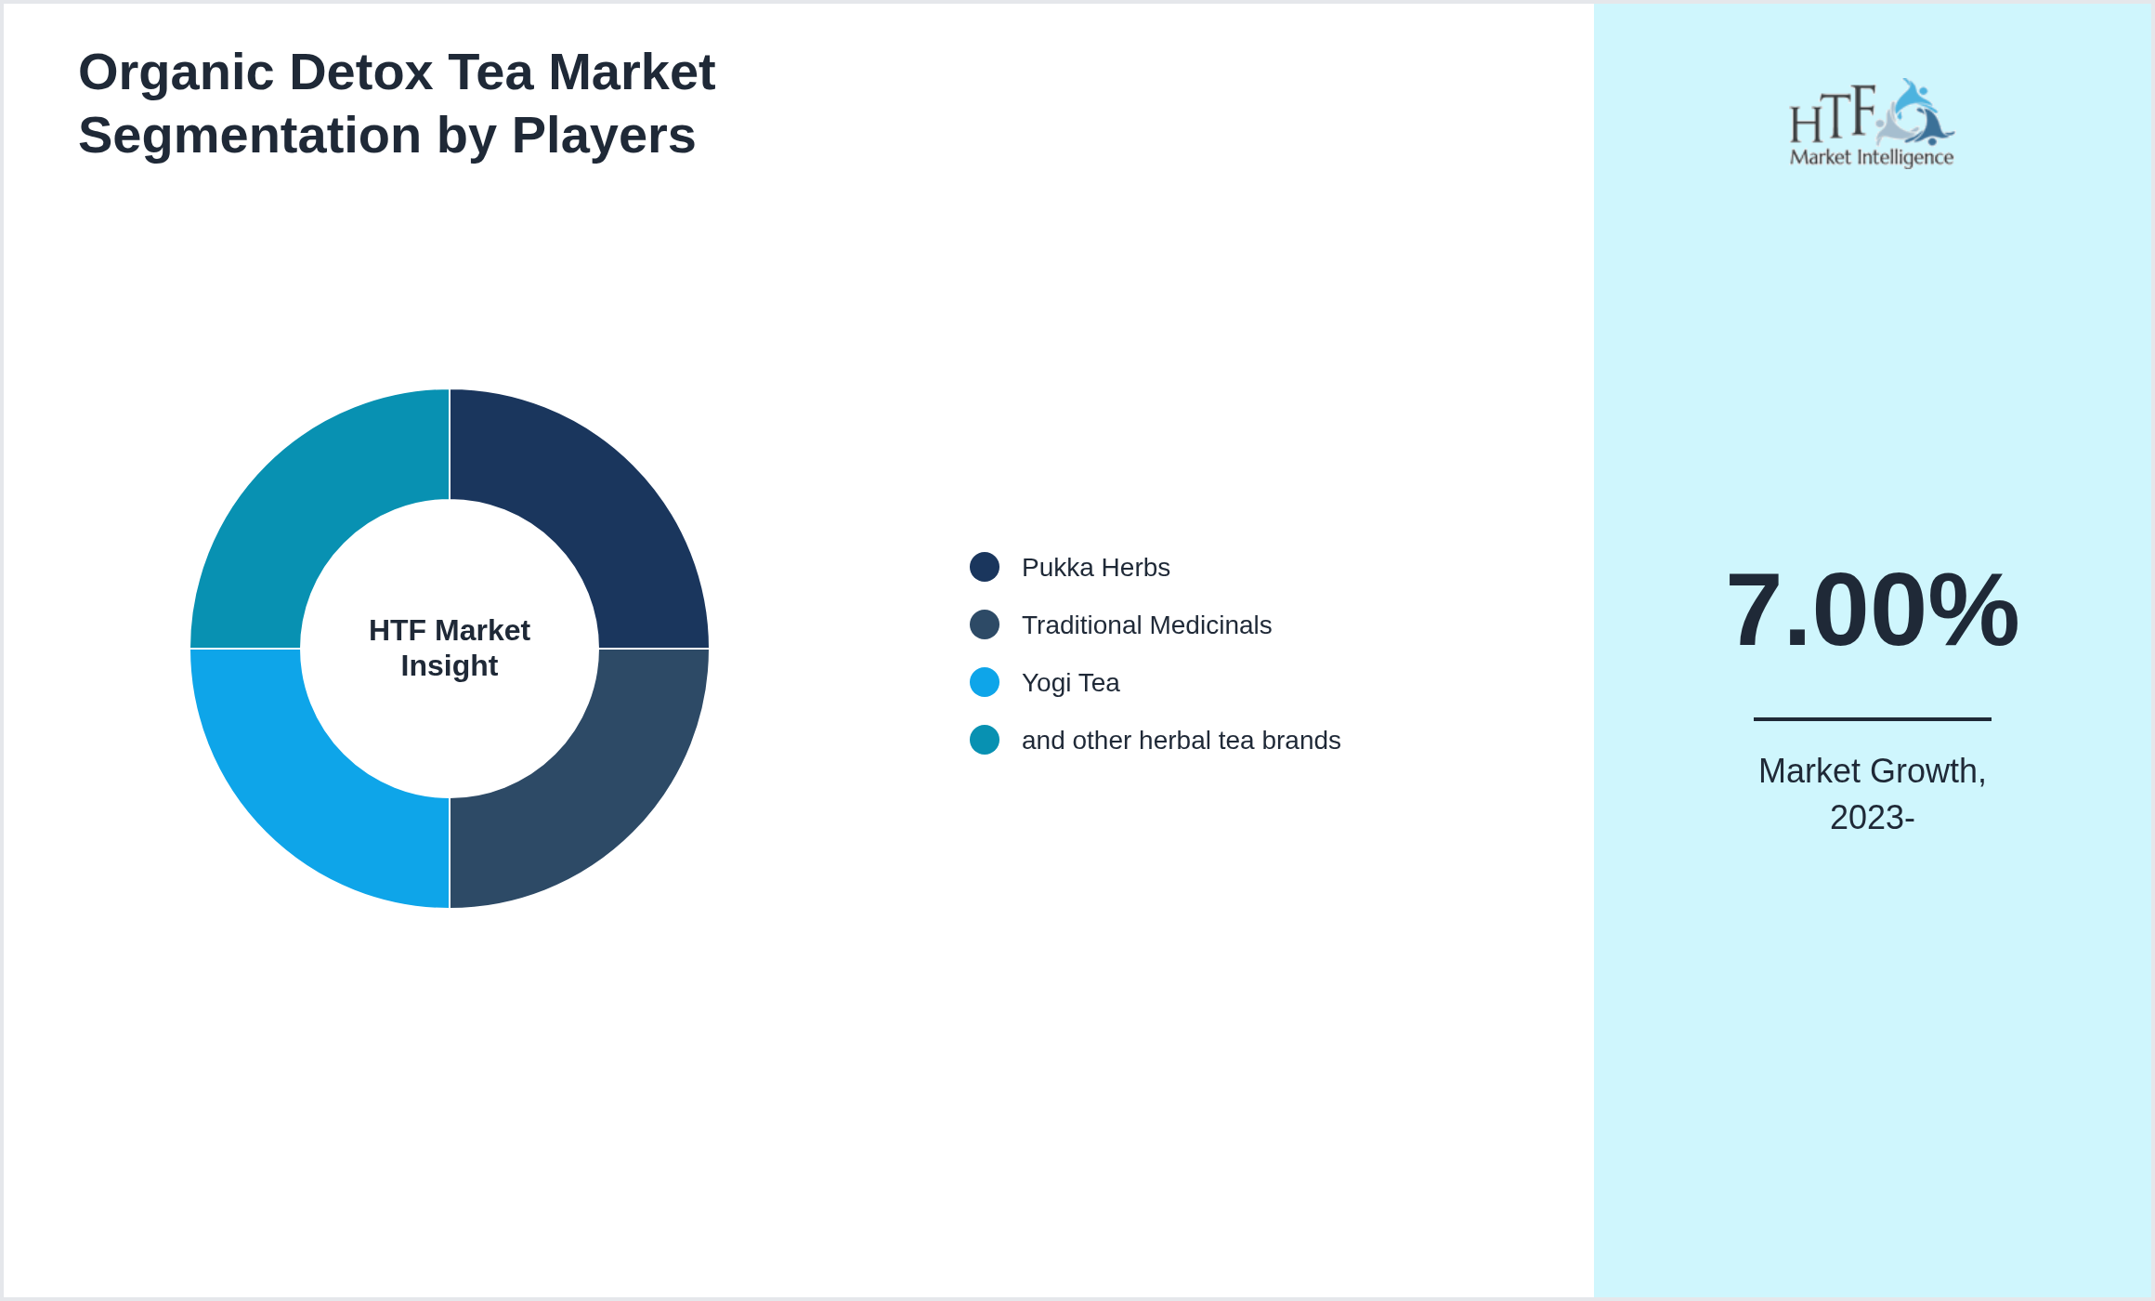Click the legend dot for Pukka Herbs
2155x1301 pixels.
pos(985,567)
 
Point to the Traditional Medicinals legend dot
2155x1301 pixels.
pos(985,624)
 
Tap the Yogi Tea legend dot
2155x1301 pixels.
pos(985,682)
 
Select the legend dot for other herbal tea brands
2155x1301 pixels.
pos(985,740)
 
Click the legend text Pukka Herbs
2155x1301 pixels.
pos(1095,567)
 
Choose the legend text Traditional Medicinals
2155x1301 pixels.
pos(1146,624)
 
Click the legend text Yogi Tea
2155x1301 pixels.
pos(1070,682)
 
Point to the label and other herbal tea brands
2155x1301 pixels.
pos(1181,740)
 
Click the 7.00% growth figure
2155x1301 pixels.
pos(1872,611)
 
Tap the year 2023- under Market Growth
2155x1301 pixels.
pos(1872,818)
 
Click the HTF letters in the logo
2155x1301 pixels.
pos(1832,116)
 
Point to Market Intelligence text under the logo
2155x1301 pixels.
pos(1872,157)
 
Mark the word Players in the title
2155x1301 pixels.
pos(603,136)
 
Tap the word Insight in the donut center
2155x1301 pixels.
pos(450,666)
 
